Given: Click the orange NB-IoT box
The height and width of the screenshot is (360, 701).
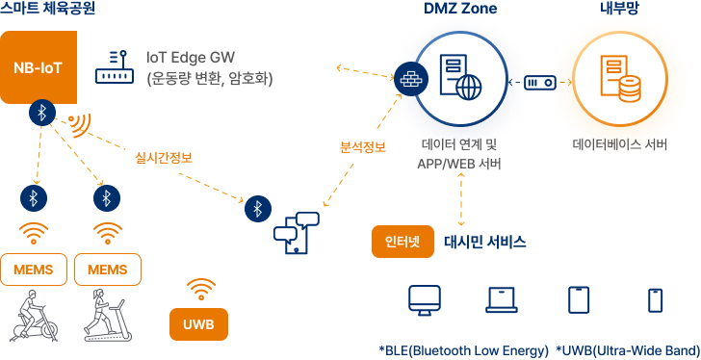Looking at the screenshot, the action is point(39,67).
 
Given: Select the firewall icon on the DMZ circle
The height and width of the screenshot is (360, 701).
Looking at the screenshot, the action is point(411,80).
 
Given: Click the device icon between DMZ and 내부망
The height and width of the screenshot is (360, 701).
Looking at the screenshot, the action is point(540,83).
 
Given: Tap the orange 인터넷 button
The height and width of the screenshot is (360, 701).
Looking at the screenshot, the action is point(402,242).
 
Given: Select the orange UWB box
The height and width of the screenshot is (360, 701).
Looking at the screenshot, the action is point(199,324).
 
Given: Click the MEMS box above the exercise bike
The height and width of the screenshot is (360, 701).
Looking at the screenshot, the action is point(34,270).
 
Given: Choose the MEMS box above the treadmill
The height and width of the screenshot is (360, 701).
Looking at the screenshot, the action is point(108,270).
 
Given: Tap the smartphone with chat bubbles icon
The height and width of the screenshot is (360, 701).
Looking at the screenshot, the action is point(297,233).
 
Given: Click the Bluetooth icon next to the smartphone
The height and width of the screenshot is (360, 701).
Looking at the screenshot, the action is point(258,208).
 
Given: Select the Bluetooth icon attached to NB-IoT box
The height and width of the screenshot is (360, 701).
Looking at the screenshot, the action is point(42,113).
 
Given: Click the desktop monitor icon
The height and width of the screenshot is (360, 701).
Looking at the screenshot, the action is point(425,300).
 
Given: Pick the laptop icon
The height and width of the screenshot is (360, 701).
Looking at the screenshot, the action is point(502,299).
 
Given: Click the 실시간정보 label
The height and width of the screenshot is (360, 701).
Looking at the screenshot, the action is point(164,158).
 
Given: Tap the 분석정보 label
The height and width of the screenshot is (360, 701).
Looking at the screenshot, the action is point(363,147).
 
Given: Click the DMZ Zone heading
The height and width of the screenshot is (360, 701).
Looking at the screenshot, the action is point(460,9).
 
